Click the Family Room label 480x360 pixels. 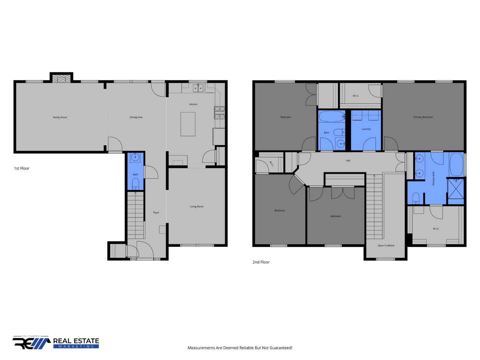point(60,117)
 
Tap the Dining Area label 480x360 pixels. point(136,117)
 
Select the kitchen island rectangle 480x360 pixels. point(188,124)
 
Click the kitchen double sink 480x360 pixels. point(198,88)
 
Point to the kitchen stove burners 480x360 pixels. point(219,113)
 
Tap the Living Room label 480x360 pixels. point(196,206)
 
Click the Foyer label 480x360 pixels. point(156,212)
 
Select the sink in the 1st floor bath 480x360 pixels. point(135,157)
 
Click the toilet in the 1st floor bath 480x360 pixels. point(136,184)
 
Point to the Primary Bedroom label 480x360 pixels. point(423,117)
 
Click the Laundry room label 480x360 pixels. point(366,129)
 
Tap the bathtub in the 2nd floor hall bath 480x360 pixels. point(332,116)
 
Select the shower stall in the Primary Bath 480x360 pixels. point(456,188)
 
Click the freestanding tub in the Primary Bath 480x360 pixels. point(456,164)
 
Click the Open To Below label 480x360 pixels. point(386,245)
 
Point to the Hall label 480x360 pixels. point(348,161)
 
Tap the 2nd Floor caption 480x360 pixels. point(261,262)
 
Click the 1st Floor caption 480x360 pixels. point(22,168)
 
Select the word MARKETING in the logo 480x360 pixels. point(76,347)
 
